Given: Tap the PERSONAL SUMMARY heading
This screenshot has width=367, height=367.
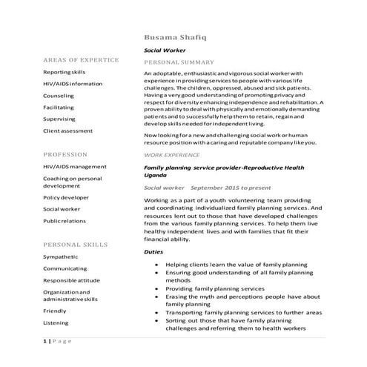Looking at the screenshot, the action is pyautogui.click(x=179, y=62).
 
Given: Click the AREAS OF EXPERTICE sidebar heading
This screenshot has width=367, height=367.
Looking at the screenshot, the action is pyautogui.click(x=81, y=59).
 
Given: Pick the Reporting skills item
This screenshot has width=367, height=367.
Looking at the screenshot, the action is pyautogui.click(x=65, y=72).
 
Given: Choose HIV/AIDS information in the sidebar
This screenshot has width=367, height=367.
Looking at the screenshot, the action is pyautogui.click(x=73, y=84).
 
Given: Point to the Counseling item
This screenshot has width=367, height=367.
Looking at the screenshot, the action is pyautogui.click(x=59, y=96).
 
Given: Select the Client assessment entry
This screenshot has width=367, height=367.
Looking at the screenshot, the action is pyautogui.click(x=67, y=130).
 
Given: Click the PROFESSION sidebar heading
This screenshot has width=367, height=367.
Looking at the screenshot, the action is pyautogui.click(x=65, y=154).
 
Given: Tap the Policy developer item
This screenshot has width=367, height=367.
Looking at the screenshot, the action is pyautogui.click(x=66, y=198).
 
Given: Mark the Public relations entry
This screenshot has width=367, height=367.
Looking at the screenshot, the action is pyautogui.click(x=65, y=221).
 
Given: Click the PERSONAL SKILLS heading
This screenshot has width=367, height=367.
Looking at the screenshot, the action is pyautogui.click(x=75, y=244).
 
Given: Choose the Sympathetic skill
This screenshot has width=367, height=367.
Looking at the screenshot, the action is pyautogui.click(x=60, y=257).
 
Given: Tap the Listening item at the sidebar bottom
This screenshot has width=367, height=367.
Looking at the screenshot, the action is pyautogui.click(x=56, y=323).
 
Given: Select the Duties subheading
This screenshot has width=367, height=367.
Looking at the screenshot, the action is pyautogui.click(x=154, y=252).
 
